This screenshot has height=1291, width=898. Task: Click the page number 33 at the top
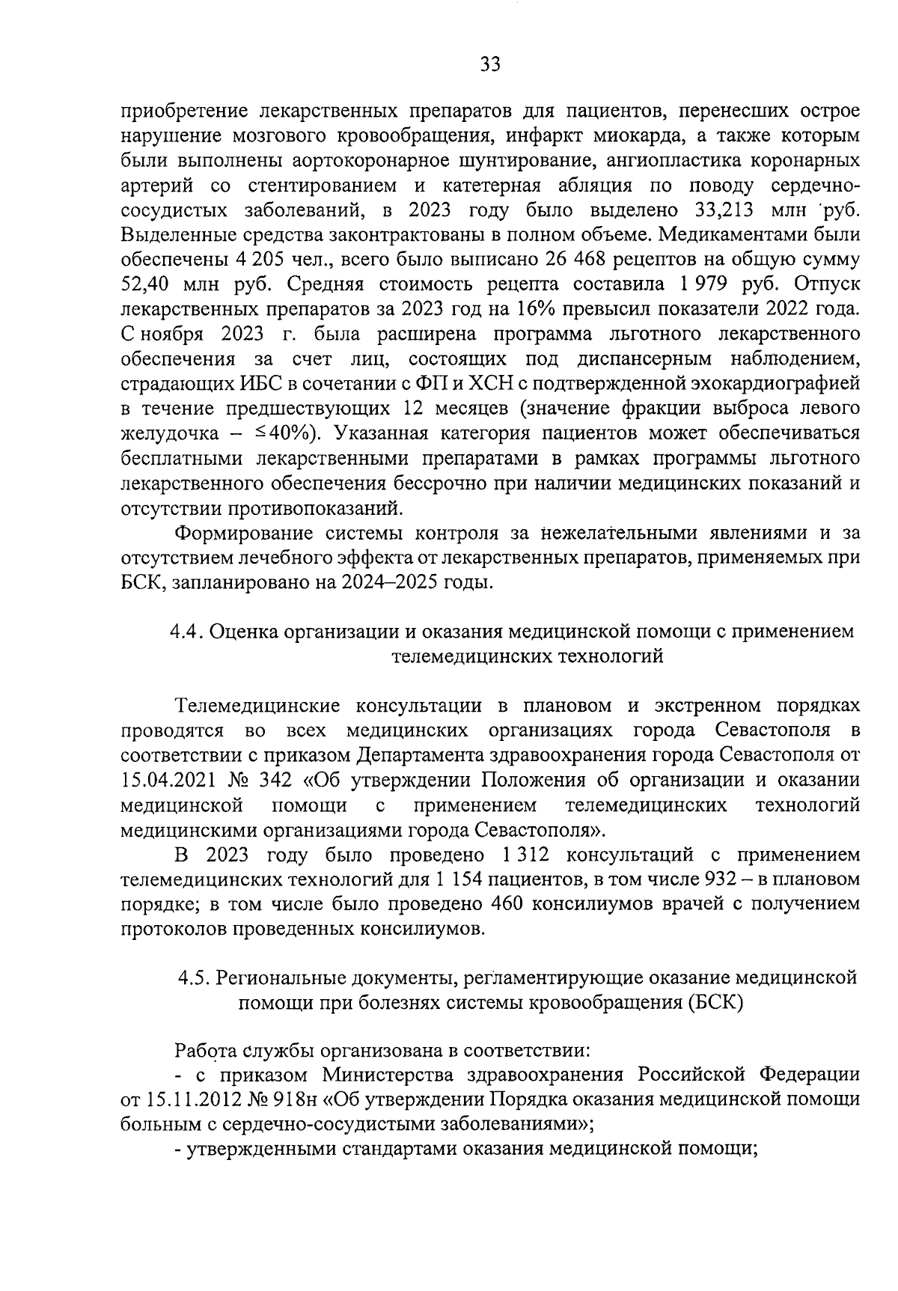tap(490, 65)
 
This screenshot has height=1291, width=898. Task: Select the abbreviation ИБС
tap(239, 383)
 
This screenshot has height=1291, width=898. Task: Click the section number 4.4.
tap(184, 632)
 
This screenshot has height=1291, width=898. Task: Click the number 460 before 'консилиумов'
tap(505, 903)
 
